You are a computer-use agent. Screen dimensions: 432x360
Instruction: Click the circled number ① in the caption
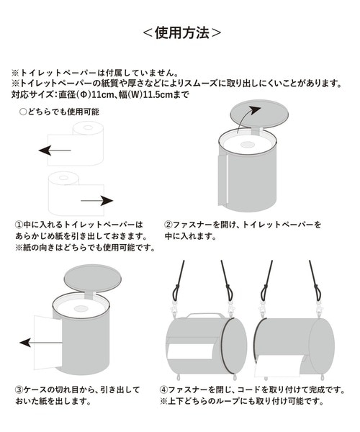click(19, 225)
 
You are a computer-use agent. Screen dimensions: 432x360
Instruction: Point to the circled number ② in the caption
click(168, 225)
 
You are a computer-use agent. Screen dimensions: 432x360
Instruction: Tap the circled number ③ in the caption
click(19, 390)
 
